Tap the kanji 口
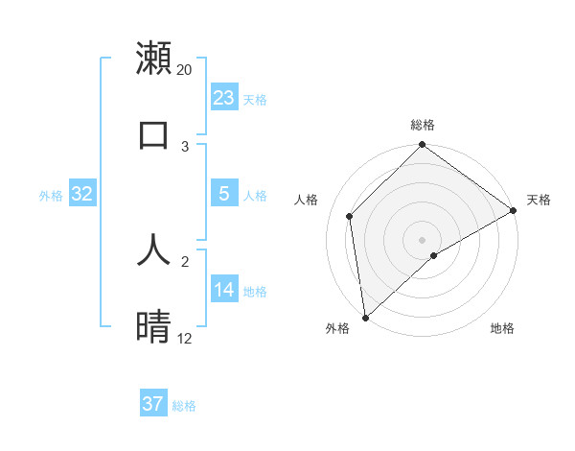154,134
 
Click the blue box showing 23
224,97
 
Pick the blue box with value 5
224,194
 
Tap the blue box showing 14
224,290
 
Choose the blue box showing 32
82,194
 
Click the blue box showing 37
153,404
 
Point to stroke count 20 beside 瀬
184,70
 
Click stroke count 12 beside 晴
184,339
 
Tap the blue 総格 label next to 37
184,406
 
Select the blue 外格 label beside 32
51,196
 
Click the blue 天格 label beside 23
255,99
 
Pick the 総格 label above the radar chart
423,125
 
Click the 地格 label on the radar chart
502,328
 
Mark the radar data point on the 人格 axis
350,216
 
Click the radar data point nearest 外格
365,317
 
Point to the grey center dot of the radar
422,239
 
